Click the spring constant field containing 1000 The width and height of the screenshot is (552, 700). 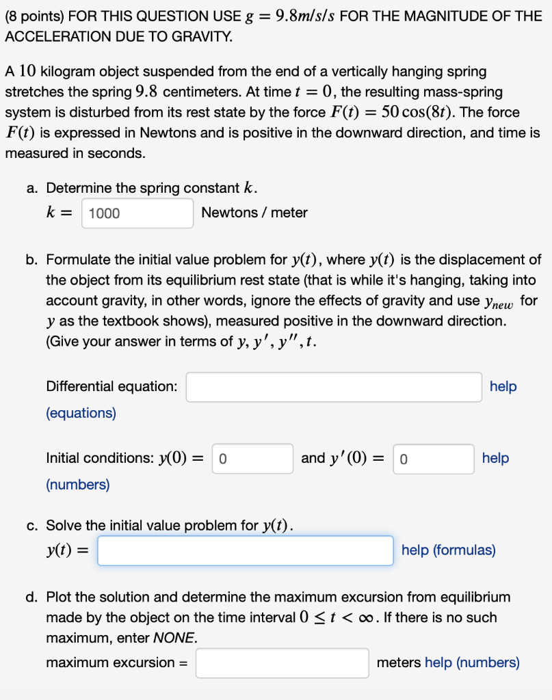click(x=137, y=213)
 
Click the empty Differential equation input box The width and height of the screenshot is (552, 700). click(x=334, y=387)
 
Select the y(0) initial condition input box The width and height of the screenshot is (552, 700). click(x=252, y=459)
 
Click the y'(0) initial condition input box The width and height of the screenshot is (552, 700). click(x=434, y=459)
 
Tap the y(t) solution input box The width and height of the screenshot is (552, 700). click(x=245, y=551)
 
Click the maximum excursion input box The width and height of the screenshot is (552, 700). click(x=282, y=663)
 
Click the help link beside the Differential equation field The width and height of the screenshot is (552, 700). click(x=503, y=387)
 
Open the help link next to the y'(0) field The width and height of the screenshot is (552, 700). click(x=495, y=458)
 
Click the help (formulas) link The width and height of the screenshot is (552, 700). click(x=448, y=550)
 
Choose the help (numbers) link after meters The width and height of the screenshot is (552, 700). click(x=472, y=662)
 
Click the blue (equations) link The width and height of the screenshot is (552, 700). click(x=81, y=413)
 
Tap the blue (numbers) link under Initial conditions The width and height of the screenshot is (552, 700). click(x=78, y=485)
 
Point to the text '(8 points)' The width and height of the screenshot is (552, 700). click(x=33, y=15)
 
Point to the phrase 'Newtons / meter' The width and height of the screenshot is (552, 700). click(x=254, y=213)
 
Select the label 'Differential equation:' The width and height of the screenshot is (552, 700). click(x=112, y=387)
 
